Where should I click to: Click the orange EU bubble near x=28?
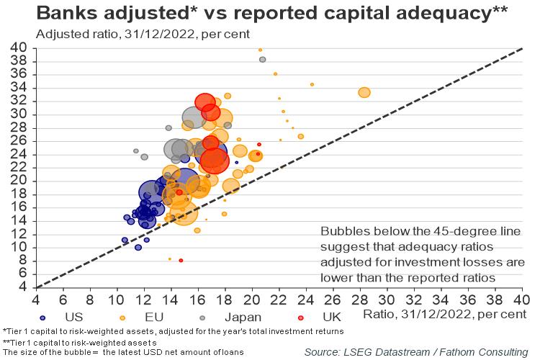(x=364, y=92)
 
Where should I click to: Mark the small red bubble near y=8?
(x=181, y=260)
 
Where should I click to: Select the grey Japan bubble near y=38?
(x=262, y=59)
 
